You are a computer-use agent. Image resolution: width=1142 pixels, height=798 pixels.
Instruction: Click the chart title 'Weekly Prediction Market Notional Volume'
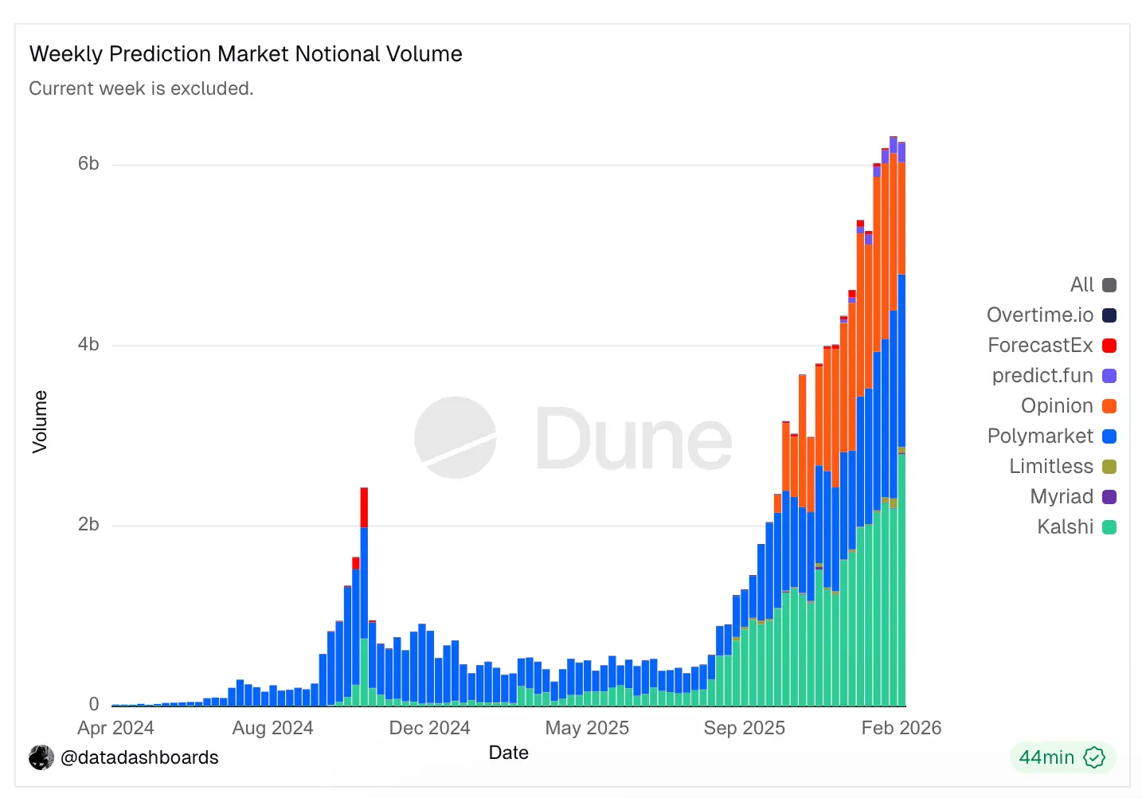245,54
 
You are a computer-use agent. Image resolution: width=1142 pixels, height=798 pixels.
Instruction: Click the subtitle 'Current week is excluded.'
141,88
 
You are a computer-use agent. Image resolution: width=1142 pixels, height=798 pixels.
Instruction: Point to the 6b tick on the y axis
88,164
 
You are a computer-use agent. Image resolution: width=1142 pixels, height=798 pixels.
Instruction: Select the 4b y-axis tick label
88,344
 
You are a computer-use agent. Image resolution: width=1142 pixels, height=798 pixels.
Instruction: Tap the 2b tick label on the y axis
88,524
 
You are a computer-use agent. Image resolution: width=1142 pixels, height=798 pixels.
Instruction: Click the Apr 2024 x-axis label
115,728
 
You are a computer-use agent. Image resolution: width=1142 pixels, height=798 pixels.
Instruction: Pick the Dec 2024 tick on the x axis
429,728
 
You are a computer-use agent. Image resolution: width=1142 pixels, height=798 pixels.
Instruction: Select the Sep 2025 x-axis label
744,728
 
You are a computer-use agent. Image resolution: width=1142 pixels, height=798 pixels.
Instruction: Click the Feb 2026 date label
901,728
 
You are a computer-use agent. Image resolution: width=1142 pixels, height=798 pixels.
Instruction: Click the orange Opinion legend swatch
1109,406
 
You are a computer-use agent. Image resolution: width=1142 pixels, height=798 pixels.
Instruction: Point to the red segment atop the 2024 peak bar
364,507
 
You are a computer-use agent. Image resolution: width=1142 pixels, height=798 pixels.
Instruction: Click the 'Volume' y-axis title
40,422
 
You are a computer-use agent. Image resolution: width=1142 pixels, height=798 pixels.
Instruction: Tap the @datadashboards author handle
139,757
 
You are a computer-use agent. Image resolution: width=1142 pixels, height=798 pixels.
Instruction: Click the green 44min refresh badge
1062,757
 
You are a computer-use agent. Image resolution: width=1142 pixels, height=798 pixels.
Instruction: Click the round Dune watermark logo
456,437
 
